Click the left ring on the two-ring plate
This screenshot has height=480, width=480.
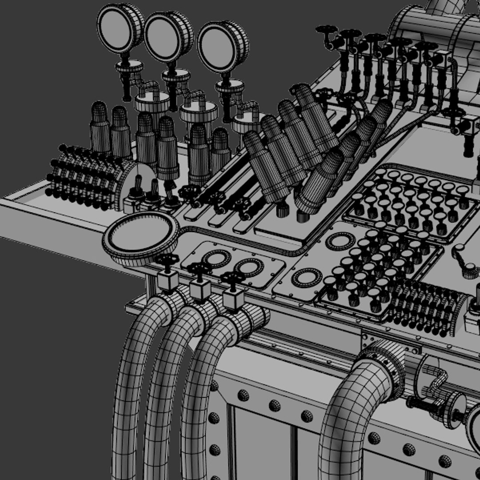(x=216, y=258)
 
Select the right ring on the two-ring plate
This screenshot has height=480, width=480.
(x=249, y=267)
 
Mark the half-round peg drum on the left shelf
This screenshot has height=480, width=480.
(x=89, y=178)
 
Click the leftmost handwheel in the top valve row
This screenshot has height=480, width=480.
(x=327, y=31)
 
